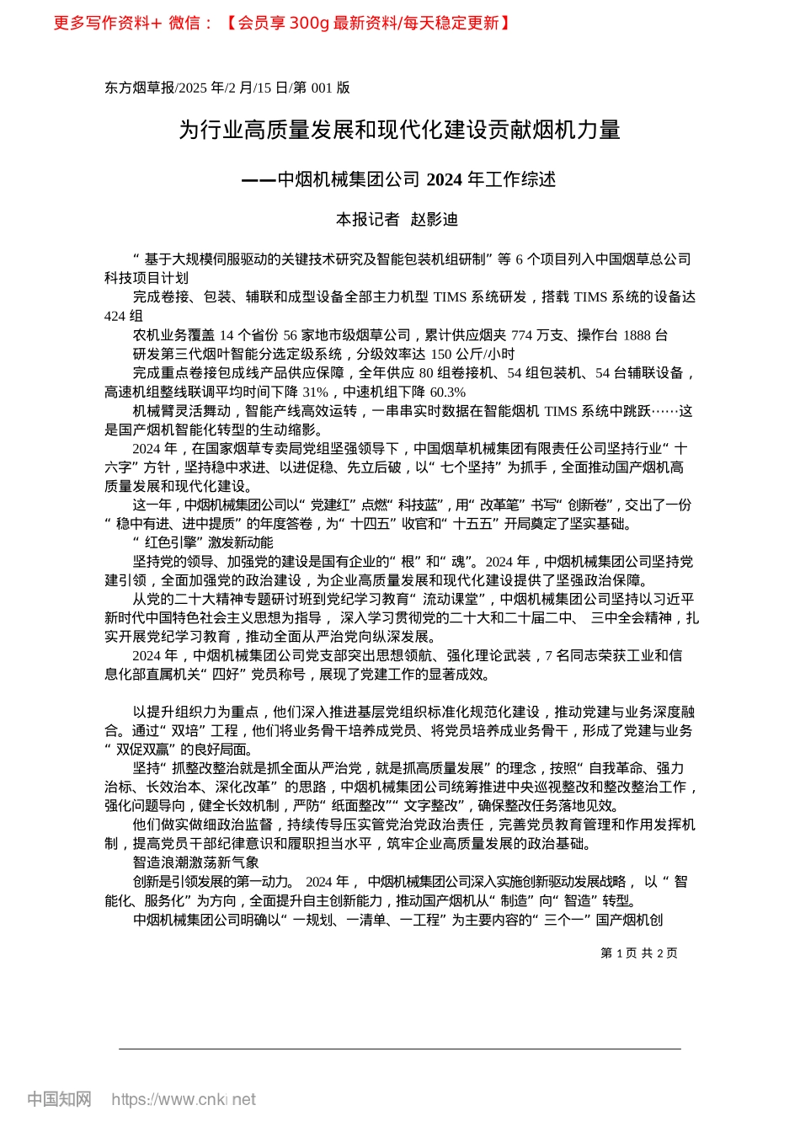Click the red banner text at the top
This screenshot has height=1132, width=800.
(x=282, y=23)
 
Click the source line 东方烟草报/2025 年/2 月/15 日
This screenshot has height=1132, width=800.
(x=196, y=88)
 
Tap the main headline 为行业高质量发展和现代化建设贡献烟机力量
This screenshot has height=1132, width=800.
(x=399, y=130)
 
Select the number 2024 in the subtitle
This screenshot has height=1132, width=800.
(x=445, y=179)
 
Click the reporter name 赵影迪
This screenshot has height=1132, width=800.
(x=435, y=220)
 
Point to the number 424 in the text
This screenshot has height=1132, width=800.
(x=115, y=316)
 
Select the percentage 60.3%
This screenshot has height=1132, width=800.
(x=448, y=392)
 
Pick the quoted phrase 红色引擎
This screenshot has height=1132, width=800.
(x=170, y=542)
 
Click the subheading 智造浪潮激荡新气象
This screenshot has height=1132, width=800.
(x=196, y=862)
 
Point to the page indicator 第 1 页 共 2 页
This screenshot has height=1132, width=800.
(x=639, y=953)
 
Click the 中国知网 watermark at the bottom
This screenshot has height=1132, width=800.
(x=59, y=1099)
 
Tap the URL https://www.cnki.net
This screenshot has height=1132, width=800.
(x=184, y=1099)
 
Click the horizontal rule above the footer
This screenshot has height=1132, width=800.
(x=399, y=1049)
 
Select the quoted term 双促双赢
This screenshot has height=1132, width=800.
(x=141, y=750)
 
